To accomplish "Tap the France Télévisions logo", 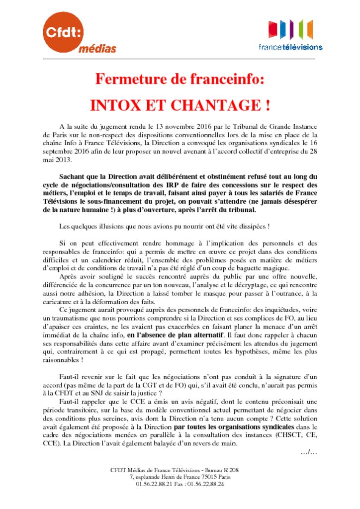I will (x=290, y=35).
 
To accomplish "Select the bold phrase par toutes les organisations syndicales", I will (x=234, y=426).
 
